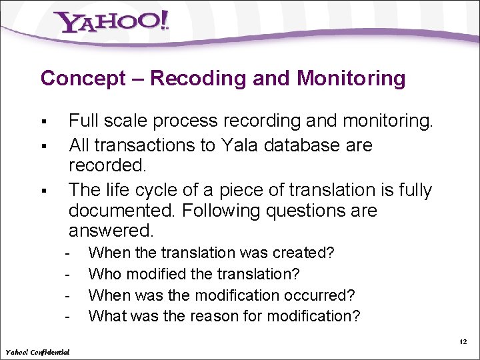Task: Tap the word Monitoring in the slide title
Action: pos(351,78)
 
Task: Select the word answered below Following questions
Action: pos(111,231)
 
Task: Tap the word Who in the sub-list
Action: pos(103,274)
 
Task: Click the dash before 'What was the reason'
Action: pos(67,315)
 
